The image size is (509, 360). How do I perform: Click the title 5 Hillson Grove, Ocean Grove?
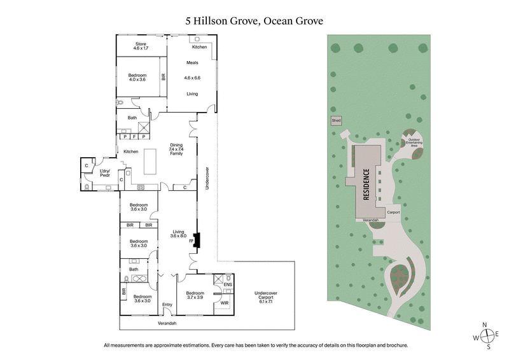pos(254,21)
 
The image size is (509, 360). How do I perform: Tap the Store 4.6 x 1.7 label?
pos(140,46)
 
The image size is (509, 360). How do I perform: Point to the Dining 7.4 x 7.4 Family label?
pos(176,149)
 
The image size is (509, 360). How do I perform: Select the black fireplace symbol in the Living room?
pos(197,241)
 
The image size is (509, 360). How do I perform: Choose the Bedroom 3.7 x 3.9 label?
pos(195,296)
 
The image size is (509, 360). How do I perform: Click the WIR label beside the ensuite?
pos(224,303)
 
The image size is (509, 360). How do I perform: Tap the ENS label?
pos(228,284)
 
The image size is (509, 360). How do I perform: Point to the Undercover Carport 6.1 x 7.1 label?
pos(266,296)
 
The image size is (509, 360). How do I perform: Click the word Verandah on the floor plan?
pos(168,323)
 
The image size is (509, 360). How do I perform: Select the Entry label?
pos(167,304)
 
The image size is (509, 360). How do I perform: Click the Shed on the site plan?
pos(335,120)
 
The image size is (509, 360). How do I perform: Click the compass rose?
pos(485,336)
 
